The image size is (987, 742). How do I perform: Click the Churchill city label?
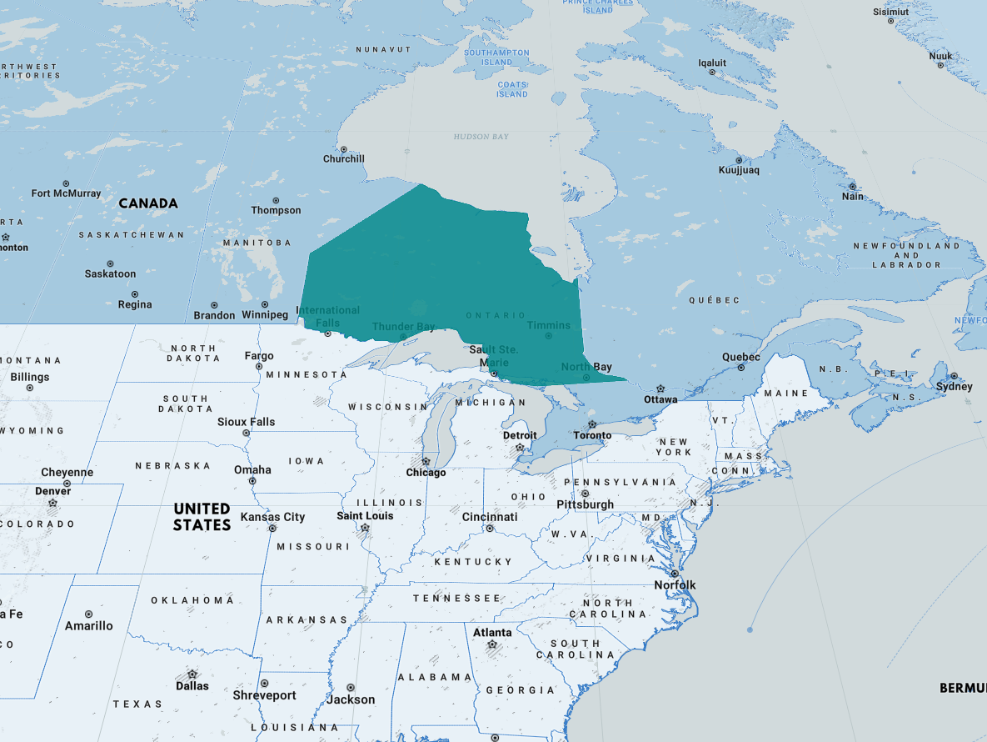344,159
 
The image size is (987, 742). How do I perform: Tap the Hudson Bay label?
481,136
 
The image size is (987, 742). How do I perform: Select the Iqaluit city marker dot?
712,73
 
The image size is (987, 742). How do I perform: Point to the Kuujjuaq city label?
739,171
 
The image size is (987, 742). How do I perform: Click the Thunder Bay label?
403,327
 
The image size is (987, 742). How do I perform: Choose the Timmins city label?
549,325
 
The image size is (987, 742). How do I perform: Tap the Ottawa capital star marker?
660,389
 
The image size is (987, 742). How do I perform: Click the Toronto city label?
592,435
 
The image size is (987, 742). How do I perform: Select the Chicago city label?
426,473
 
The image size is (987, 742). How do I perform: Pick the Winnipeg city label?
264,315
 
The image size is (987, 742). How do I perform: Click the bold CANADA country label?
148,203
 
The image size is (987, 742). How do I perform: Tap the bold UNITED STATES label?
202,517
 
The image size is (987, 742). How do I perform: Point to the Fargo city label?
259,356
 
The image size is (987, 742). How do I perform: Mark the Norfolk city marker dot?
674,574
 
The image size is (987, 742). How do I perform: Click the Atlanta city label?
492,633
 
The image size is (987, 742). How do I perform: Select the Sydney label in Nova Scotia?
954,387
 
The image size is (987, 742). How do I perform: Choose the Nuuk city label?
940,57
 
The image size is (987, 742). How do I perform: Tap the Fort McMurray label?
66,193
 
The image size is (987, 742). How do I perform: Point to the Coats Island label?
512,89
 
